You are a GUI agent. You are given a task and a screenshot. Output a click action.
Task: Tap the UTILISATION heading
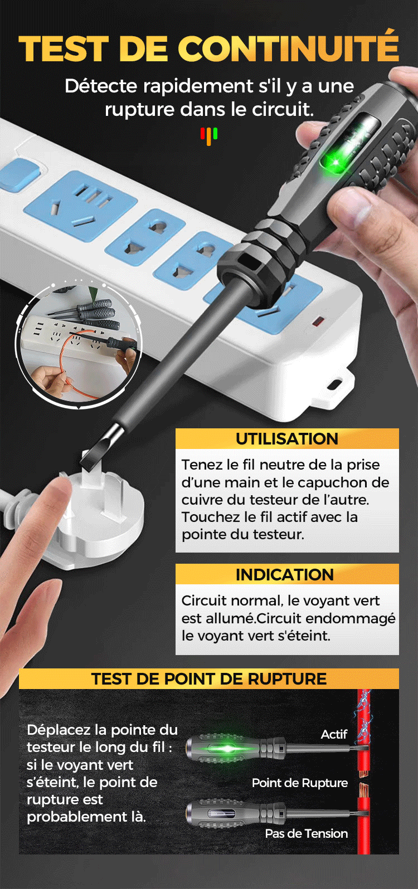point(287,438)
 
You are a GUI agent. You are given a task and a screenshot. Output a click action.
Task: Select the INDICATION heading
point(285,574)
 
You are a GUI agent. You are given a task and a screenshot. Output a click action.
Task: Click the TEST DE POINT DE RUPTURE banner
point(209,678)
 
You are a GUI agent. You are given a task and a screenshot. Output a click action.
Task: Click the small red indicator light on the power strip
point(318,321)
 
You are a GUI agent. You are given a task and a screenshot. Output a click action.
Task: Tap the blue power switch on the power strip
point(18,173)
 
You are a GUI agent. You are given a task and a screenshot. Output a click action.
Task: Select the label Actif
point(334,734)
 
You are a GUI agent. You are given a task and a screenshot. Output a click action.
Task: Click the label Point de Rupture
point(300,783)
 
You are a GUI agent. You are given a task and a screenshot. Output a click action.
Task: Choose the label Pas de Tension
point(306,833)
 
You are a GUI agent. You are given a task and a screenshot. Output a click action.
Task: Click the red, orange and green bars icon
point(209,136)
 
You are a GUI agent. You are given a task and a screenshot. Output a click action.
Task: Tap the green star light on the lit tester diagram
point(227,749)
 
